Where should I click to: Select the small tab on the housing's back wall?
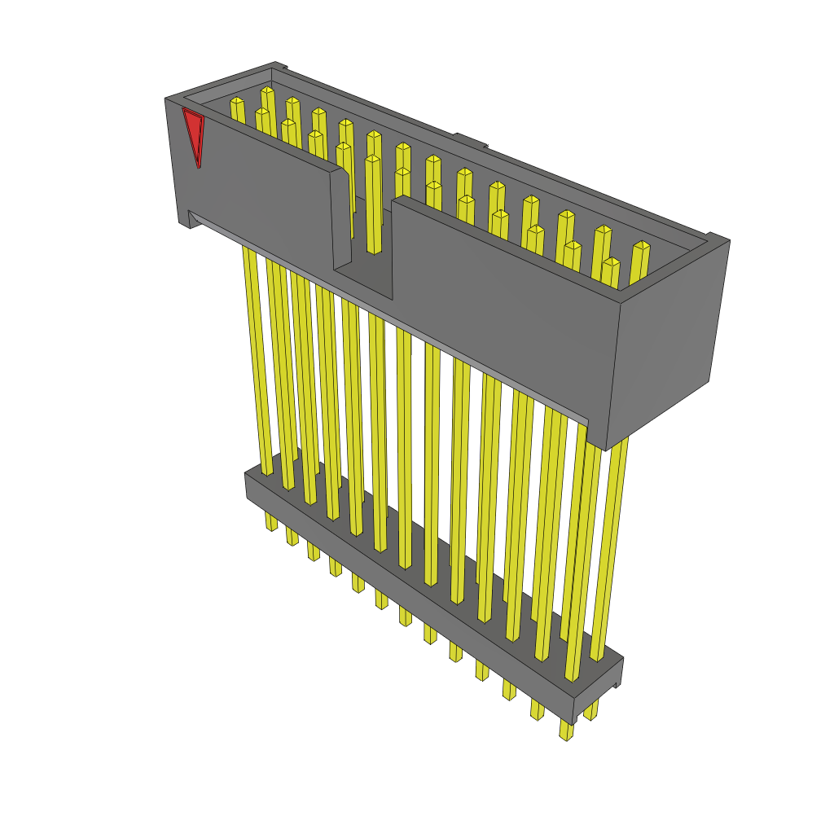(x=470, y=140)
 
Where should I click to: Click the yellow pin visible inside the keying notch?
(x=373, y=204)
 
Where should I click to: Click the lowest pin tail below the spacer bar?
(x=564, y=729)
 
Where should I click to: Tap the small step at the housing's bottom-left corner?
(x=190, y=219)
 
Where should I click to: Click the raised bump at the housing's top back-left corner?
(x=279, y=66)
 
